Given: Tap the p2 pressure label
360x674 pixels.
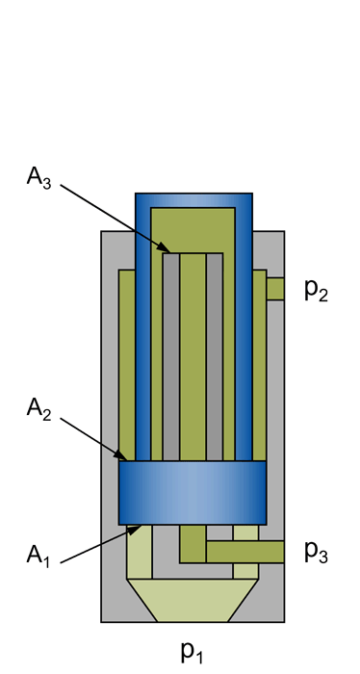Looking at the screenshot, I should point(317,290).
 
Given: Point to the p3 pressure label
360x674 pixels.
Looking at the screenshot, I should point(317,551).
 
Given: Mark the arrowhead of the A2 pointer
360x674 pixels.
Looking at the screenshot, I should point(122,456).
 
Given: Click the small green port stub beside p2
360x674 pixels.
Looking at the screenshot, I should point(275,289).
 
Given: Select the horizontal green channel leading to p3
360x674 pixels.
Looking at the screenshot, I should point(245,552).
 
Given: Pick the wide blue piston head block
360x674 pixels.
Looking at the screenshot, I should point(193,492).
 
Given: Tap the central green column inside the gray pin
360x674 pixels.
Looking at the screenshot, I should point(193,356).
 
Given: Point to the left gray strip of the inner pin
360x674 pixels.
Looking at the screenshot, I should point(170,356).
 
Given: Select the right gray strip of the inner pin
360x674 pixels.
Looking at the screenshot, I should point(215,356).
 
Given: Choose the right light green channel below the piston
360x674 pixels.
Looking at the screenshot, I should point(245,531).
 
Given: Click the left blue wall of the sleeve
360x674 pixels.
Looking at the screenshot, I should point(143,337).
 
